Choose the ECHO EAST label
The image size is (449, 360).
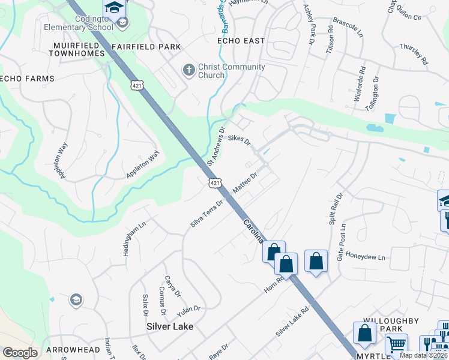click(x=241, y=40)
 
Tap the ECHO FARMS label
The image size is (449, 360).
click(x=27, y=79)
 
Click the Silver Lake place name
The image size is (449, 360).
click(x=170, y=326)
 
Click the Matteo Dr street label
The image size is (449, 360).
click(x=245, y=183)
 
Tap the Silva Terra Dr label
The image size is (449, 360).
click(x=207, y=213)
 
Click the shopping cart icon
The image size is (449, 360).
click(x=396, y=346)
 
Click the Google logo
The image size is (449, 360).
click(x=20, y=353)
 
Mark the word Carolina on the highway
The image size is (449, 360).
click(x=253, y=230)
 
